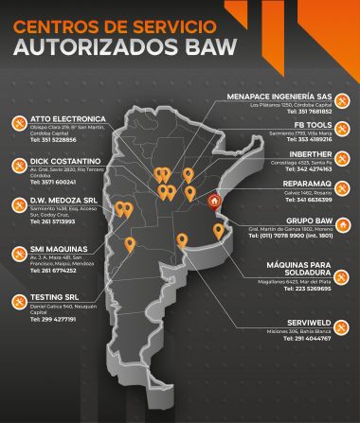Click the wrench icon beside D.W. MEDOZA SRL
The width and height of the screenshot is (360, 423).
coord(19,205)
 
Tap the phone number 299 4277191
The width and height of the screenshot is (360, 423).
coord(63,319)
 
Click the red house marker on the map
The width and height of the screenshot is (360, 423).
coord(214,200)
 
